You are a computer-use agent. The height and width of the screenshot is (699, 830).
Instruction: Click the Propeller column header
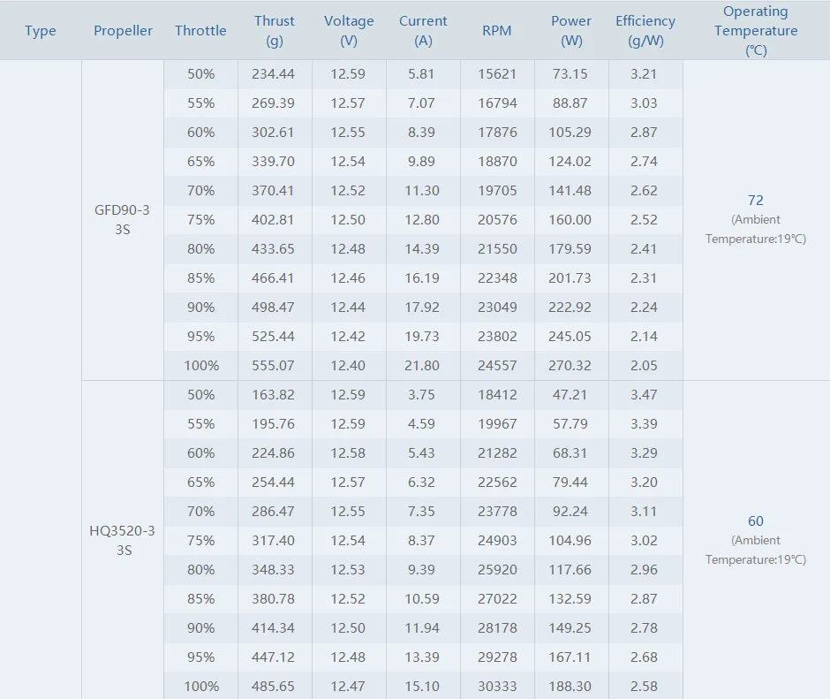123,31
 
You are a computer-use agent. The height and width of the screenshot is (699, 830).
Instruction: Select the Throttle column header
200,31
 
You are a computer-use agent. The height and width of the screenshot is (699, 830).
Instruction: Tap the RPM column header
497,31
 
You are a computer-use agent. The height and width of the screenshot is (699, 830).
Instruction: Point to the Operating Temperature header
756,31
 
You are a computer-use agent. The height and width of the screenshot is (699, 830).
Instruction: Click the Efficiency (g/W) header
645,31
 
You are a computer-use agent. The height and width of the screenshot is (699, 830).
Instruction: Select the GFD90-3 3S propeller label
123,220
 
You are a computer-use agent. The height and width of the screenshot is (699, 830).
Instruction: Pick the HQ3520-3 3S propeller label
123,540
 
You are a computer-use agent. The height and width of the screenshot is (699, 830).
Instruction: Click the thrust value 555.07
274,365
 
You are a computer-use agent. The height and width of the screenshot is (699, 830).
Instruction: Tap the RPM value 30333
497,686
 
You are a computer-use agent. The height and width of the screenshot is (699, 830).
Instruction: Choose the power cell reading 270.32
571,365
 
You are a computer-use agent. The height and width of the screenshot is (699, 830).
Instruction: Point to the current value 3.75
422,394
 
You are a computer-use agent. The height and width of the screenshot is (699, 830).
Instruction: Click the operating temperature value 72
755,201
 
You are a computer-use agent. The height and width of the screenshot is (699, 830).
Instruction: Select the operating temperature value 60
756,521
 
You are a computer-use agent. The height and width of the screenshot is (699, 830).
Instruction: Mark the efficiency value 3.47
645,394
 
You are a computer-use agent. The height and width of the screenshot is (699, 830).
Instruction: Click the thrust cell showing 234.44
274,73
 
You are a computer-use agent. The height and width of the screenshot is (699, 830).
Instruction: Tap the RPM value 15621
497,73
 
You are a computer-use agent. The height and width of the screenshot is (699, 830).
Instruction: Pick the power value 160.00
571,219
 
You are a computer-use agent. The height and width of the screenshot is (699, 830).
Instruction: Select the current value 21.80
422,365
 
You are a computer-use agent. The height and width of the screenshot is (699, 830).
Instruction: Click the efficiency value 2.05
645,365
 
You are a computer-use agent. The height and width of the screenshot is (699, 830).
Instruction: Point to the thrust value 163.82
274,394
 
